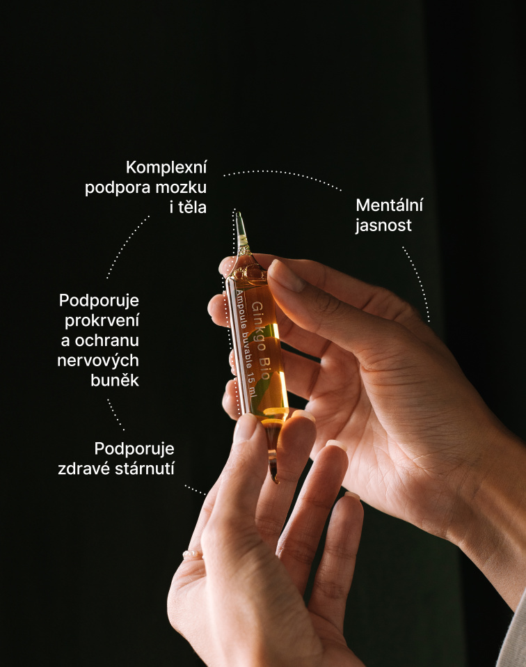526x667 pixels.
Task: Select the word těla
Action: pyautogui.click(x=192, y=207)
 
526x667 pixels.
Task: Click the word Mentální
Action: pyautogui.click(x=390, y=205)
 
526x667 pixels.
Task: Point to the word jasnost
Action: pyautogui.click(x=383, y=226)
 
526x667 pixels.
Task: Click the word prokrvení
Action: pyautogui.click(x=102, y=321)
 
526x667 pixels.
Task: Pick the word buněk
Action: pyautogui.click(x=115, y=380)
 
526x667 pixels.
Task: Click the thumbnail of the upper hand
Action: pyautogui.click(x=286, y=276)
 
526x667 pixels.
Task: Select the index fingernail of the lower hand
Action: pyautogui.click(x=246, y=428)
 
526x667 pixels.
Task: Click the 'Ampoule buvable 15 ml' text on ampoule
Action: pyautogui.click(x=246, y=344)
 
